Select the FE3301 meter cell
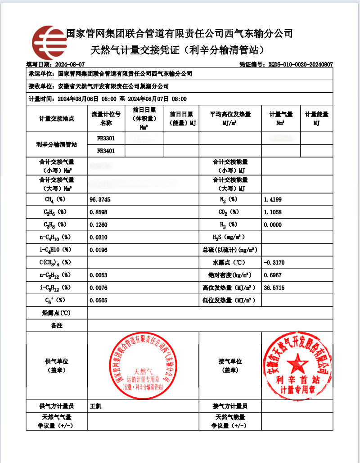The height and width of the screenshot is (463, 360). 106,139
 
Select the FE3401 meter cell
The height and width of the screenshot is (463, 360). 106,151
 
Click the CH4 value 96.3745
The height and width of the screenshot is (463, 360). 100,199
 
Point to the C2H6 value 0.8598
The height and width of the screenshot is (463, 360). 99,212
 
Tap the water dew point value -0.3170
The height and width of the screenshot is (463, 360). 274,262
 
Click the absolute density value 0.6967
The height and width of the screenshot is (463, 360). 273,275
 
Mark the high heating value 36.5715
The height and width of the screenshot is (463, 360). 274,288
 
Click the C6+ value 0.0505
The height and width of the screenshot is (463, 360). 99,300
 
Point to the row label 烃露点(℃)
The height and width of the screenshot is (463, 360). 56,313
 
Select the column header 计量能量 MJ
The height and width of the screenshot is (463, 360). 317,119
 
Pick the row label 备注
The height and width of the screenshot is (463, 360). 56,325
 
